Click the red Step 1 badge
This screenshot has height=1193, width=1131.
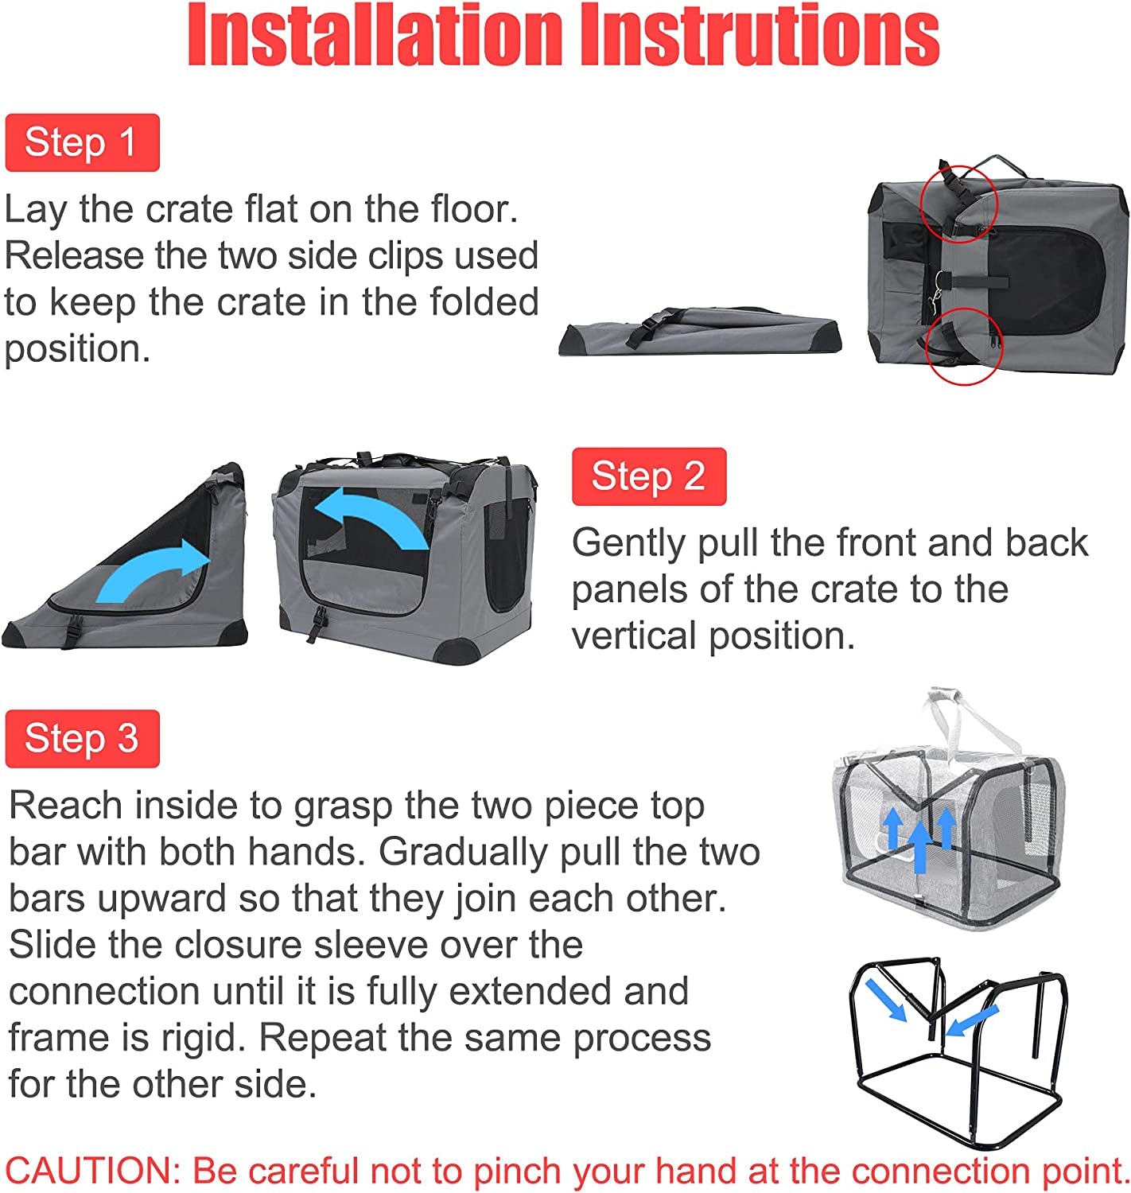coord(82,143)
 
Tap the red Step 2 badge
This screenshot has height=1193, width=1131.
coord(648,476)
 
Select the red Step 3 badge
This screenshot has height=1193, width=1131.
coord(82,739)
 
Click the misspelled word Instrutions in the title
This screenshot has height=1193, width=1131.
coord(759,36)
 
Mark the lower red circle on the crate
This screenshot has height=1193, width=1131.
coord(965,346)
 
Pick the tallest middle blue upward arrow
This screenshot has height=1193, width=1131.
coord(919,845)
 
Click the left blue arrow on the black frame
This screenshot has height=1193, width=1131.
coord(886,999)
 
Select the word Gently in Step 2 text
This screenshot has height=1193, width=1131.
coord(628,544)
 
